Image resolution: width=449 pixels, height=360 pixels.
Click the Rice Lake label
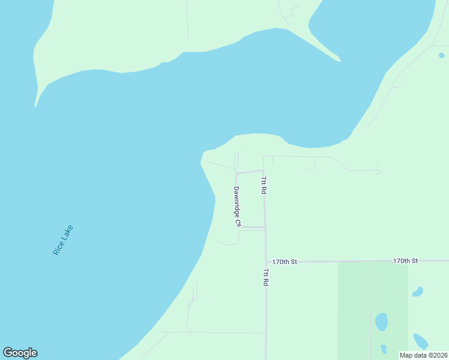pyautogui.click(x=63, y=240)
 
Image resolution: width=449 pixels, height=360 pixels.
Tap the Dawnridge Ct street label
pyautogui.click(x=237, y=207)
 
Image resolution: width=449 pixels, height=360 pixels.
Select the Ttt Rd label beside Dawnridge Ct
pyautogui.click(x=263, y=185)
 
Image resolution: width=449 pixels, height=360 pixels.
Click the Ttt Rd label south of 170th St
pyautogui.click(x=265, y=277)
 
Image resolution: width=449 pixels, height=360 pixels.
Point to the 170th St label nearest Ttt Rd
pyautogui.click(x=285, y=262)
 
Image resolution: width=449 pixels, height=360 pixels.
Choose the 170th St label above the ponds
pyautogui.click(x=405, y=261)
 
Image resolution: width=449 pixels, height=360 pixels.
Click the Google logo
pyautogui.click(x=20, y=353)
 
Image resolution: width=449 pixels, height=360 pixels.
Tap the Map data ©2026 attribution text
pyautogui.click(x=424, y=355)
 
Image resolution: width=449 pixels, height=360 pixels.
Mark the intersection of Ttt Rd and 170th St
pyautogui.click(x=266, y=262)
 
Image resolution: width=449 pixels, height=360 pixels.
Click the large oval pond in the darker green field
pyautogui.click(x=381, y=322)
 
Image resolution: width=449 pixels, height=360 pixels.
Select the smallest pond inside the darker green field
pyautogui.click(x=384, y=349)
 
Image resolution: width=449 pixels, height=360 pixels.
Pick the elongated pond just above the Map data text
pyautogui.click(x=420, y=341)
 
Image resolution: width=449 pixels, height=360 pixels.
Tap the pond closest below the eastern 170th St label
pyautogui.click(x=417, y=292)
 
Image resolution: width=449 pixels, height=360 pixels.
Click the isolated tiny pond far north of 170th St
pyautogui.click(x=442, y=55)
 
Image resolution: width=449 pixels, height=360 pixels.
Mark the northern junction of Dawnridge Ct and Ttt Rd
pyautogui.click(x=264, y=170)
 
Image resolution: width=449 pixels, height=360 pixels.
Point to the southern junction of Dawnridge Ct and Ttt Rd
pyautogui.click(x=265, y=227)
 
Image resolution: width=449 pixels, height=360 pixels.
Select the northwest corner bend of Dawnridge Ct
pyautogui.click(x=236, y=173)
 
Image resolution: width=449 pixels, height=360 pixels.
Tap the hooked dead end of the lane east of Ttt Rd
pyautogui.click(x=379, y=173)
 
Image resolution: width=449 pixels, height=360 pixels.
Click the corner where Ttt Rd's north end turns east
pyautogui.click(x=264, y=157)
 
